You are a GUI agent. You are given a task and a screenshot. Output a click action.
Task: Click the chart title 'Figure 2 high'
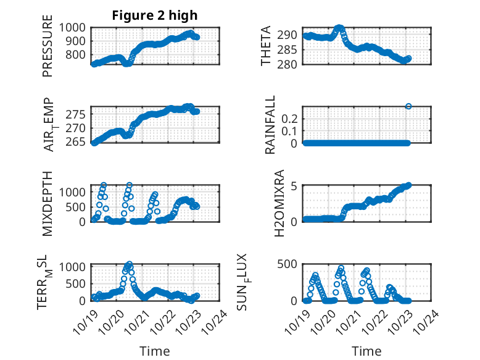154,15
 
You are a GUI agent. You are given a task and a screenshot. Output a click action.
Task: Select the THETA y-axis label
266,46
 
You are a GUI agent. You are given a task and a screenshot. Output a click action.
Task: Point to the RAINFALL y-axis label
270,125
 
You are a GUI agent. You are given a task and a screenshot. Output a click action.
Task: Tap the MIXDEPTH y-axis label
48,203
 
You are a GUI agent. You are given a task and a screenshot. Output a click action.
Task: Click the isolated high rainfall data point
408,106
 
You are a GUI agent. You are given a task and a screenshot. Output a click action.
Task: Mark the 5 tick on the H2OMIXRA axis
296,185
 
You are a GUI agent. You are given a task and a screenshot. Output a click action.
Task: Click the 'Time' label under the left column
154,351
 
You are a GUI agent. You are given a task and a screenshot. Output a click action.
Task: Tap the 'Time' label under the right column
366,351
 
